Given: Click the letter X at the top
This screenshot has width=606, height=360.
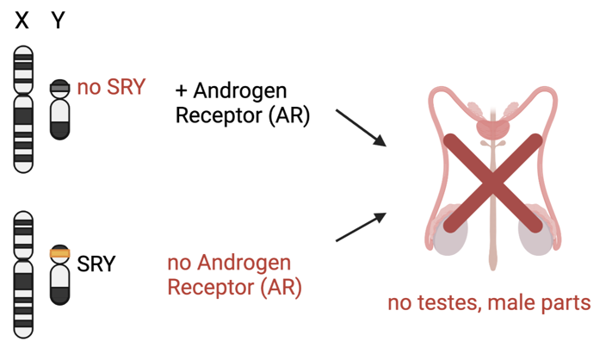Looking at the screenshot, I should pyautogui.click(x=22, y=20).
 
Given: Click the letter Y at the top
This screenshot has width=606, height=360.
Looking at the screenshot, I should pyautogui.click(x=58, y=20).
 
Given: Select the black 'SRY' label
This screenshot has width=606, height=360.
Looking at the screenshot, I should pyautogui.click(x=96, y=263).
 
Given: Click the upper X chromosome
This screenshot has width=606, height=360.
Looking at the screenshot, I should pyautogui.click(x=22, y=110).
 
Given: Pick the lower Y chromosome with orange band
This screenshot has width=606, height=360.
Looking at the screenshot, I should pyautogui.click(x=59, y=274).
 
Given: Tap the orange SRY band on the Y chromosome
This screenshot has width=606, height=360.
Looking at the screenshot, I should pyautogui.click(x=59, y=253).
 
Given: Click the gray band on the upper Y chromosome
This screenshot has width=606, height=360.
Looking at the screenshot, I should pyautogui.click(x=59, y=87).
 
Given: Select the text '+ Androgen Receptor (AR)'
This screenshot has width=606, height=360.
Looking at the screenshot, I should pyautogui.click(x=242, y=103).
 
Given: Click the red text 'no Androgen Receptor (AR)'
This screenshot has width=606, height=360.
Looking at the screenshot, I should pyautogui.click(x=233, y=275).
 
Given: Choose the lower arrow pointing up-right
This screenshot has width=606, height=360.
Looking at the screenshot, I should pyautogui.click(x=360, y=227).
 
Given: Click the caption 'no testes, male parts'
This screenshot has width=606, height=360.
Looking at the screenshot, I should pyautogui.click(x=488, y=302).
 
